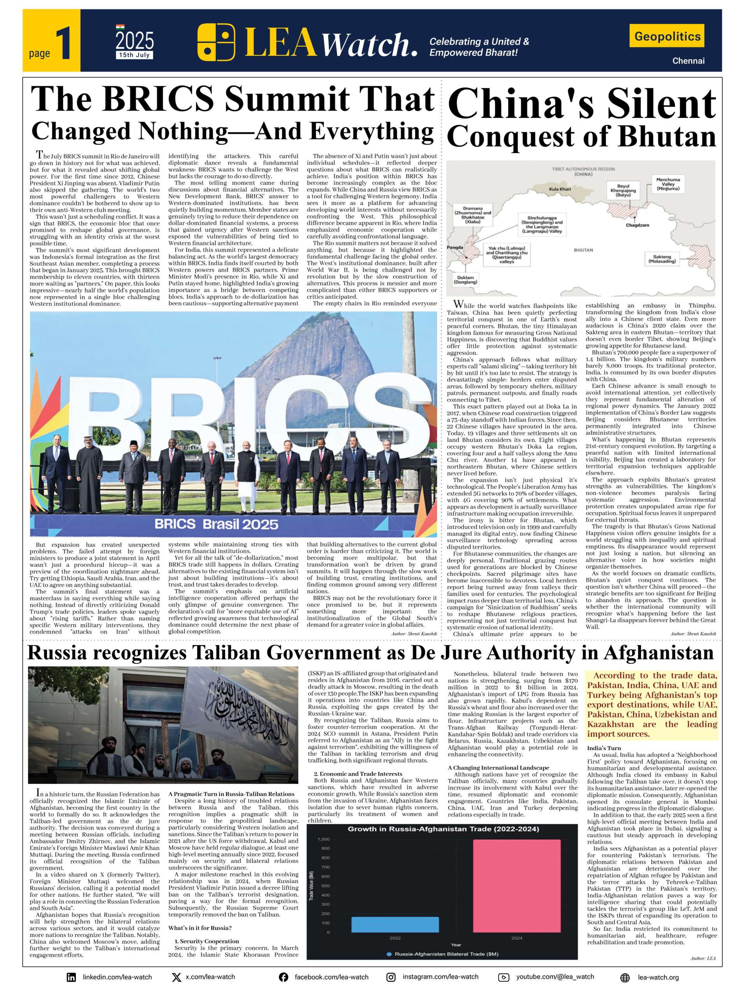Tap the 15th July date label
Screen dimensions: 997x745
pyautogui.click(x=134, y=55)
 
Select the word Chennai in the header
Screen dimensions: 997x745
pyautogui.click(x=688, y=61)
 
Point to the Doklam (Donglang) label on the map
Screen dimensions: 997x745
pyautogui.click(x=465, y=280)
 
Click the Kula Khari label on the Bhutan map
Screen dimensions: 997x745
pyautogui.click(x=560, y=189)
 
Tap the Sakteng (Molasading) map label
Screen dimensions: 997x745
pyautogui.click(x=662, y=258)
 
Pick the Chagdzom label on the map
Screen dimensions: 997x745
pyautogui.click(x=637, y=225)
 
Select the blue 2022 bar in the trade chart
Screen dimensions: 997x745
pyautogui.click(x=395, y=924)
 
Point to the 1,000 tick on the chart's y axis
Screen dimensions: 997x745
pyautogui.click(x=324, y=839)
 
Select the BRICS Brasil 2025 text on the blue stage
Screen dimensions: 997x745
pyautogui.click(x=216, y=524)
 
